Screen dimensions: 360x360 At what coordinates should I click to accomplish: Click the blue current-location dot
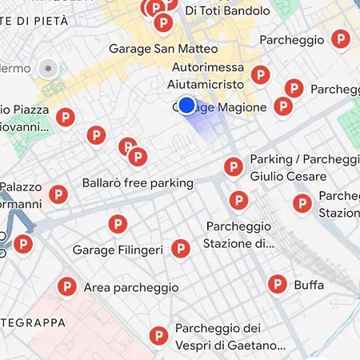[186, 105]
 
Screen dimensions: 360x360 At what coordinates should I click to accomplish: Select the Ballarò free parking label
[138, 183]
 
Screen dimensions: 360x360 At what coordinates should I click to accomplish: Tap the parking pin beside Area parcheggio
[67, 286]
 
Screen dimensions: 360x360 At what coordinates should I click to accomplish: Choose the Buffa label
[309, 284]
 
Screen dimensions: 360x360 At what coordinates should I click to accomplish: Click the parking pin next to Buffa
[277, 282]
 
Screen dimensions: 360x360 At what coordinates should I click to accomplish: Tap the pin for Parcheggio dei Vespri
[158, 336]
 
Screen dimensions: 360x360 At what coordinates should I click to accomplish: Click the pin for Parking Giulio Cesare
[233, 166]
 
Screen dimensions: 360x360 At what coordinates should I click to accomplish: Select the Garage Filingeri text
[118, 250]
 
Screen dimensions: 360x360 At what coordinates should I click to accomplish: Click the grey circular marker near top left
[49, 69]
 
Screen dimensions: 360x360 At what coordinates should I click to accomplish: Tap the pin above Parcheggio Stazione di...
[238, 200]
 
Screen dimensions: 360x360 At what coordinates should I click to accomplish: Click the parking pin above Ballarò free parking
[138, 157]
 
